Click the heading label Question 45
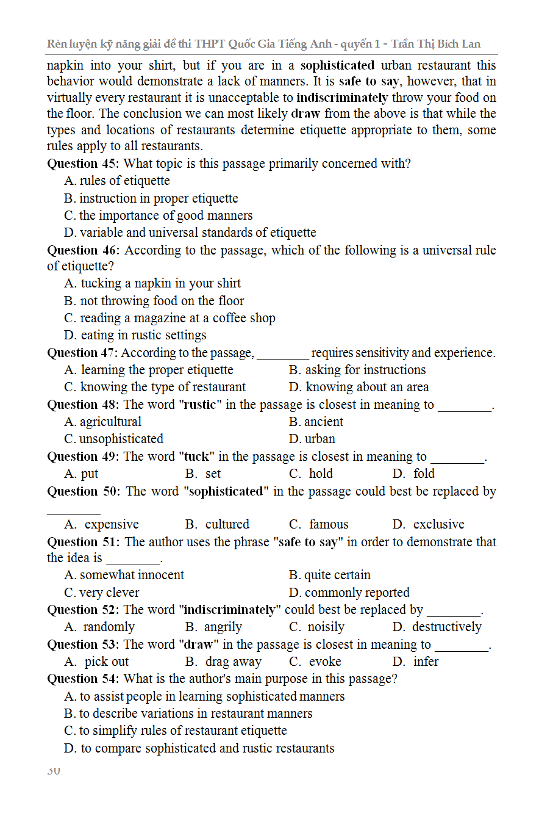(84, 164)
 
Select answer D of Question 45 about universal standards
(190, 233)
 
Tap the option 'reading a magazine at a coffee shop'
(170, 318)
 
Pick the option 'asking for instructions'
(357, 370)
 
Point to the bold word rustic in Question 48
(200, 405)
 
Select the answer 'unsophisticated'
(114, 439)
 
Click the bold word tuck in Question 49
(196, 457)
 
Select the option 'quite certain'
(330, 575)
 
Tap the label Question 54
(84, 679)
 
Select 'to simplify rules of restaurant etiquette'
(176, 731)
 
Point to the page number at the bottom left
(54, 771)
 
